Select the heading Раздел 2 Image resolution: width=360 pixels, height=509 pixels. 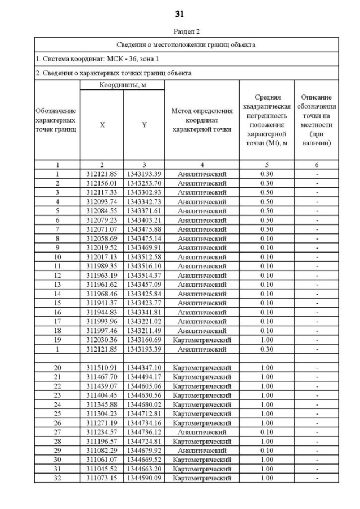[x=179, y=32]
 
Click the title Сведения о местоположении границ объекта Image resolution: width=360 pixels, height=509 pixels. [x=186, y=44]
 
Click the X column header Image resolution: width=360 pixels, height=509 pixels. [x=102, y=125]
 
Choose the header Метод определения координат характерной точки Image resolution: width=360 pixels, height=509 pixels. [x=201, y=120]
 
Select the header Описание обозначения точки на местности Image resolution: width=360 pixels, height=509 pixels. [x=317, y=120]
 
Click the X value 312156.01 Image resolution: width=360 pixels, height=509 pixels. [x=102, y=183]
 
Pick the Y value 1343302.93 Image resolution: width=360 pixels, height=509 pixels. [x=144, y=192]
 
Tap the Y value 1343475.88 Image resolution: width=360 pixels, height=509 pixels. [x=144, y=229]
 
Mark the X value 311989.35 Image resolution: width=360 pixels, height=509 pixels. [x=102, y=266]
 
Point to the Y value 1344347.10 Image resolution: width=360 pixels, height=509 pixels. [x=144, y=367]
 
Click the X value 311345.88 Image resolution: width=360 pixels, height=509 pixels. [x=102, y=404]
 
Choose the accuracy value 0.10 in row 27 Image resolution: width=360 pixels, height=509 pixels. [x=267, y=432]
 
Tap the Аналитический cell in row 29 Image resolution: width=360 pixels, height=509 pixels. [x=201, y=451]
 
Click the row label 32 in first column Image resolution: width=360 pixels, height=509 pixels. [x=57, y=478]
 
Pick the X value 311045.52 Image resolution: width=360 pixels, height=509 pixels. [x=102, y=469]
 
